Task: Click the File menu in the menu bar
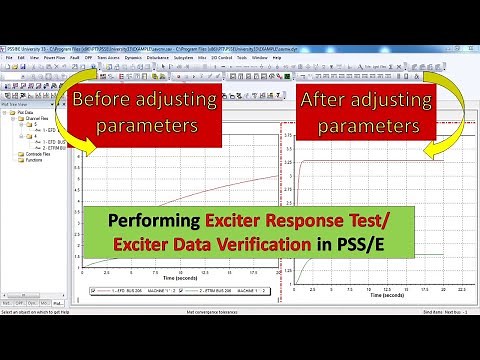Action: [x=8, y=57]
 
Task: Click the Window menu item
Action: [x=258, y=57]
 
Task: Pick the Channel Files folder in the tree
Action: [x=36, y=121]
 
